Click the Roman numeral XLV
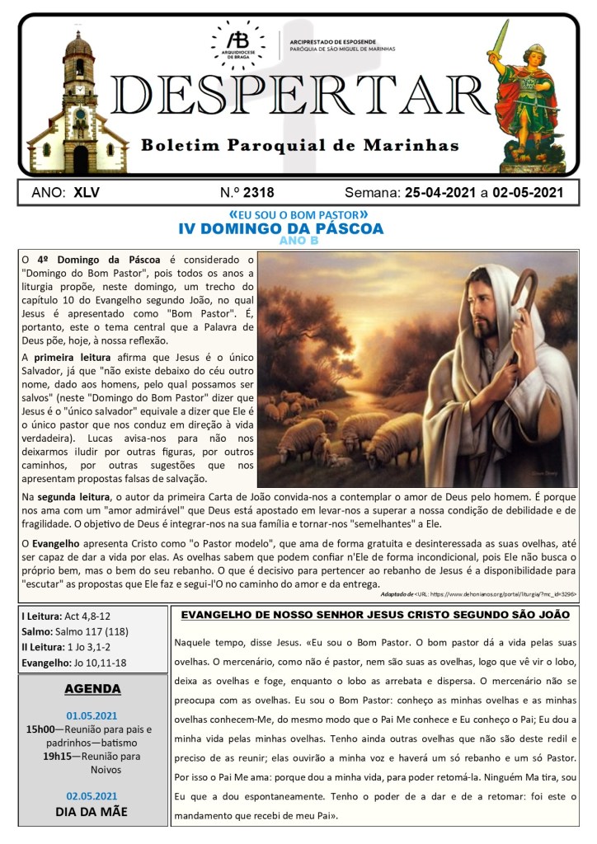[87, 193]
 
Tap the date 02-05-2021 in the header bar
[528, 193]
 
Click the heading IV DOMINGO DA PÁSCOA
[281, 228]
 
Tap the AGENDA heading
[92, 688]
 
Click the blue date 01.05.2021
[92, 715]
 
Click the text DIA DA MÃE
[92, 810]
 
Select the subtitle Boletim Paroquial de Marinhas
[299, 146]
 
